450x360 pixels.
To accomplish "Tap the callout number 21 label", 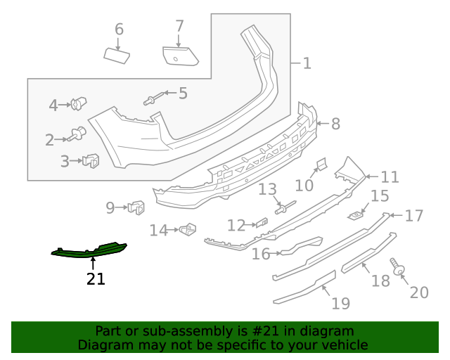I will point(96,279).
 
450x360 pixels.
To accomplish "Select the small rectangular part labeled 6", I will point(117,55).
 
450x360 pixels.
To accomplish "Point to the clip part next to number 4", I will point(78,105).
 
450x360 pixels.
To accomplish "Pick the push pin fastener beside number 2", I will point(78,133).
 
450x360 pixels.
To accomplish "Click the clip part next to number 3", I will point(91,161).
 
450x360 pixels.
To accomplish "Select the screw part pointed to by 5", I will point(155,98).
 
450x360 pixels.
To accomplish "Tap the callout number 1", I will point(307,64).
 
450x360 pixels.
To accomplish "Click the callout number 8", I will point(335,124).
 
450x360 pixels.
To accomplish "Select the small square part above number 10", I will point(320,164).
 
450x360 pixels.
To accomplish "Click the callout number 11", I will point(390,177).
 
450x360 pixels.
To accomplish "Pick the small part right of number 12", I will point(262,223).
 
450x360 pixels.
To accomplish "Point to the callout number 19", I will point(340,304).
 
